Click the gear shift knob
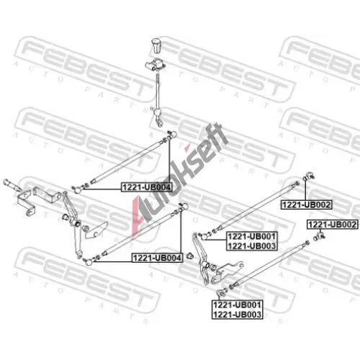pyautogui.click(x=156, y=45)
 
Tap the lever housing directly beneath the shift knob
pyautogui.click(x=155, y=66)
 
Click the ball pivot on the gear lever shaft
pyautogui.click(x=158, y=112)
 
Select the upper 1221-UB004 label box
pyautogui.click(x=147, y=187)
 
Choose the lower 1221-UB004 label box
pyautogui.click(x=157, y=258)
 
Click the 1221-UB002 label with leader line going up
pyautogui.click(x=307, y=204)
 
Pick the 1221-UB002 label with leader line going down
pyautogui.click(x=333, y=225)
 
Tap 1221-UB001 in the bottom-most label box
pyautogui.click(x=237, y=305)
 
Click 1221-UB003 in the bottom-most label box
pyautogui.click(x=237, y=314)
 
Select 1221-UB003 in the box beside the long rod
pyautogui.click(x=252, y=246)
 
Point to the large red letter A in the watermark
pyautogui.click(x=140, y=216)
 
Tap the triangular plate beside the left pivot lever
pyautogui.click(x=96, y=230)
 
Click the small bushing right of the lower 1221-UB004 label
pyautogui.click(x=190, y=256)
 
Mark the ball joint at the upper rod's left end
pyautogui.click(x=78, y=190)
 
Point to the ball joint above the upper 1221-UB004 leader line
pyautogui.click(x=172, y=135)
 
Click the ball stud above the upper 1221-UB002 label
pyautogui.click(x=309, y=176)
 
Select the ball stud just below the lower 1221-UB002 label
pyautogui.click(x=320, y=235)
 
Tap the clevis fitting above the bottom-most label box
pyautogui.click(x=220, y=293)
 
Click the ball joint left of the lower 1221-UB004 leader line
pyautogui.click(x=89, y=261)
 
